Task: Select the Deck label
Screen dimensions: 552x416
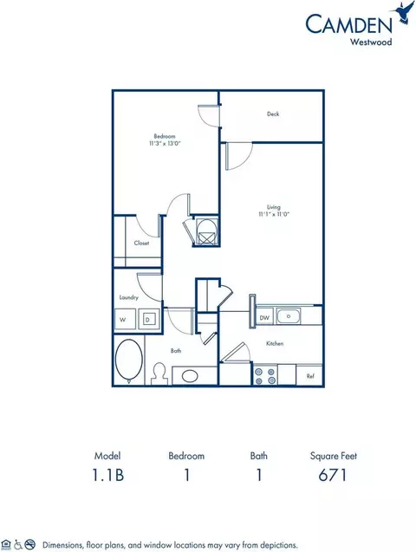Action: click(x=272, y=114)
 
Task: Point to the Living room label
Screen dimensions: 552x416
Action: click(x=272, y=207)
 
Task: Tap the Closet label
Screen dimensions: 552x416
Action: click(x=141, y=243)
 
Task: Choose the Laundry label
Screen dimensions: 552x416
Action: click(x=129, y=297)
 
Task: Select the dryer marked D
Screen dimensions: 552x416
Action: click(x=147, y=320)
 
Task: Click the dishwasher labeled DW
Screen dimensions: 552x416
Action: click(x=264, y=318)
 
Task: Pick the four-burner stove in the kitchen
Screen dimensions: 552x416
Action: click(x=264, y=374)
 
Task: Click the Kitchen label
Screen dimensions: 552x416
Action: click(x=275, y=343)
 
